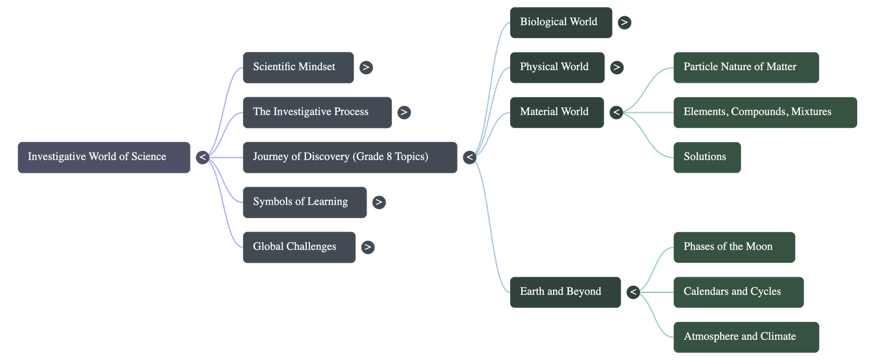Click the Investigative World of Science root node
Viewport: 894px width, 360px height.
click(103, 157)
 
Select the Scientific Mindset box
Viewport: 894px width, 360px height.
click(298, 68)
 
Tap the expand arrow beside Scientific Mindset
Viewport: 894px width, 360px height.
click(366, 68)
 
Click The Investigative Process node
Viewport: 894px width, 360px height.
click(317, 112)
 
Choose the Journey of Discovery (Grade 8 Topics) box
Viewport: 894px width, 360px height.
click(350, 157)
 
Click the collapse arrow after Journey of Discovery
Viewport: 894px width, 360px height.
click(469, 158)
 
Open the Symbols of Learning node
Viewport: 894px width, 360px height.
click(305, 202)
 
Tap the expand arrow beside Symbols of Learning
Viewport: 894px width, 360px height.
click(379, 202)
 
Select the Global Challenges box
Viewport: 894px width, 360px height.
click(299, 247)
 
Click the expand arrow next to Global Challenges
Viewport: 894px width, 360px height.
click(367, 247)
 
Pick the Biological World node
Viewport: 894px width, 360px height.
click(560, 22)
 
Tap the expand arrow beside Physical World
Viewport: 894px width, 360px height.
click(616, 68)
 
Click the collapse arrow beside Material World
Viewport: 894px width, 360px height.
click(616, 112)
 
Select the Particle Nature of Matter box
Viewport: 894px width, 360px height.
click(745, 68)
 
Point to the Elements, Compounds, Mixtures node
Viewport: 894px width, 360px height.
click(764, 112)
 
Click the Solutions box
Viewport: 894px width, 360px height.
click(707, 157)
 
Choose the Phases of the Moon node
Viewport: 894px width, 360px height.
click(734, 247)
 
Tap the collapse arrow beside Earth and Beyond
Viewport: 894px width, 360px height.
click(633, 292)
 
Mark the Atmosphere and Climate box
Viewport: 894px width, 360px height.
click(745, 337)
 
